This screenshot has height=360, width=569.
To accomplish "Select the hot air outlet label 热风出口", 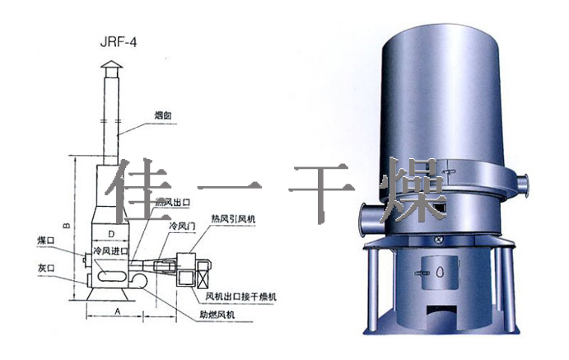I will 172,202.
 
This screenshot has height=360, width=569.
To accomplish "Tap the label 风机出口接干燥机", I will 245,294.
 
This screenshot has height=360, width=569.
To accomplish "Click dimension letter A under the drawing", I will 117,311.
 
